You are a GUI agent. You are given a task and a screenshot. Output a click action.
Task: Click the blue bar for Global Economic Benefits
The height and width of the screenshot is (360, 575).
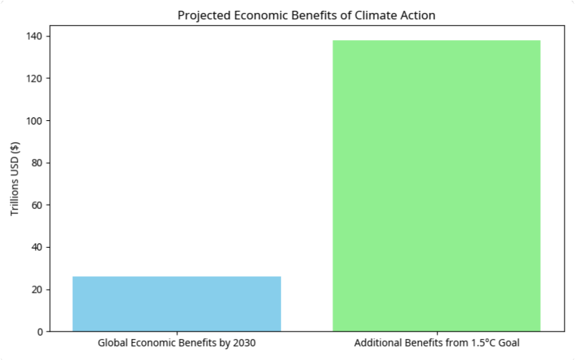click(x=177, y=303)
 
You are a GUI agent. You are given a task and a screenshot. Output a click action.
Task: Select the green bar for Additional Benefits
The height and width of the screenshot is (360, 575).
click(x=436, y=185)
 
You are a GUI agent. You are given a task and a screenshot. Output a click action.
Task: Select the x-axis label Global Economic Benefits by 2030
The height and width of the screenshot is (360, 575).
click(x=177, y=344)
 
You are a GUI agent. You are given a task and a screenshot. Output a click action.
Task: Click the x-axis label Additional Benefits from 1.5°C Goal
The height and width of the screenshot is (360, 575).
click(x=436, y=344)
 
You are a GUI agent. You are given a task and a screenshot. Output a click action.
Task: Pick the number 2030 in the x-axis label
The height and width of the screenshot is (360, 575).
click(x=244, y=344)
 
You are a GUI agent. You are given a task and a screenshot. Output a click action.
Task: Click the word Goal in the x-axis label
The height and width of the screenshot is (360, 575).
click(x=508, y=344)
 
